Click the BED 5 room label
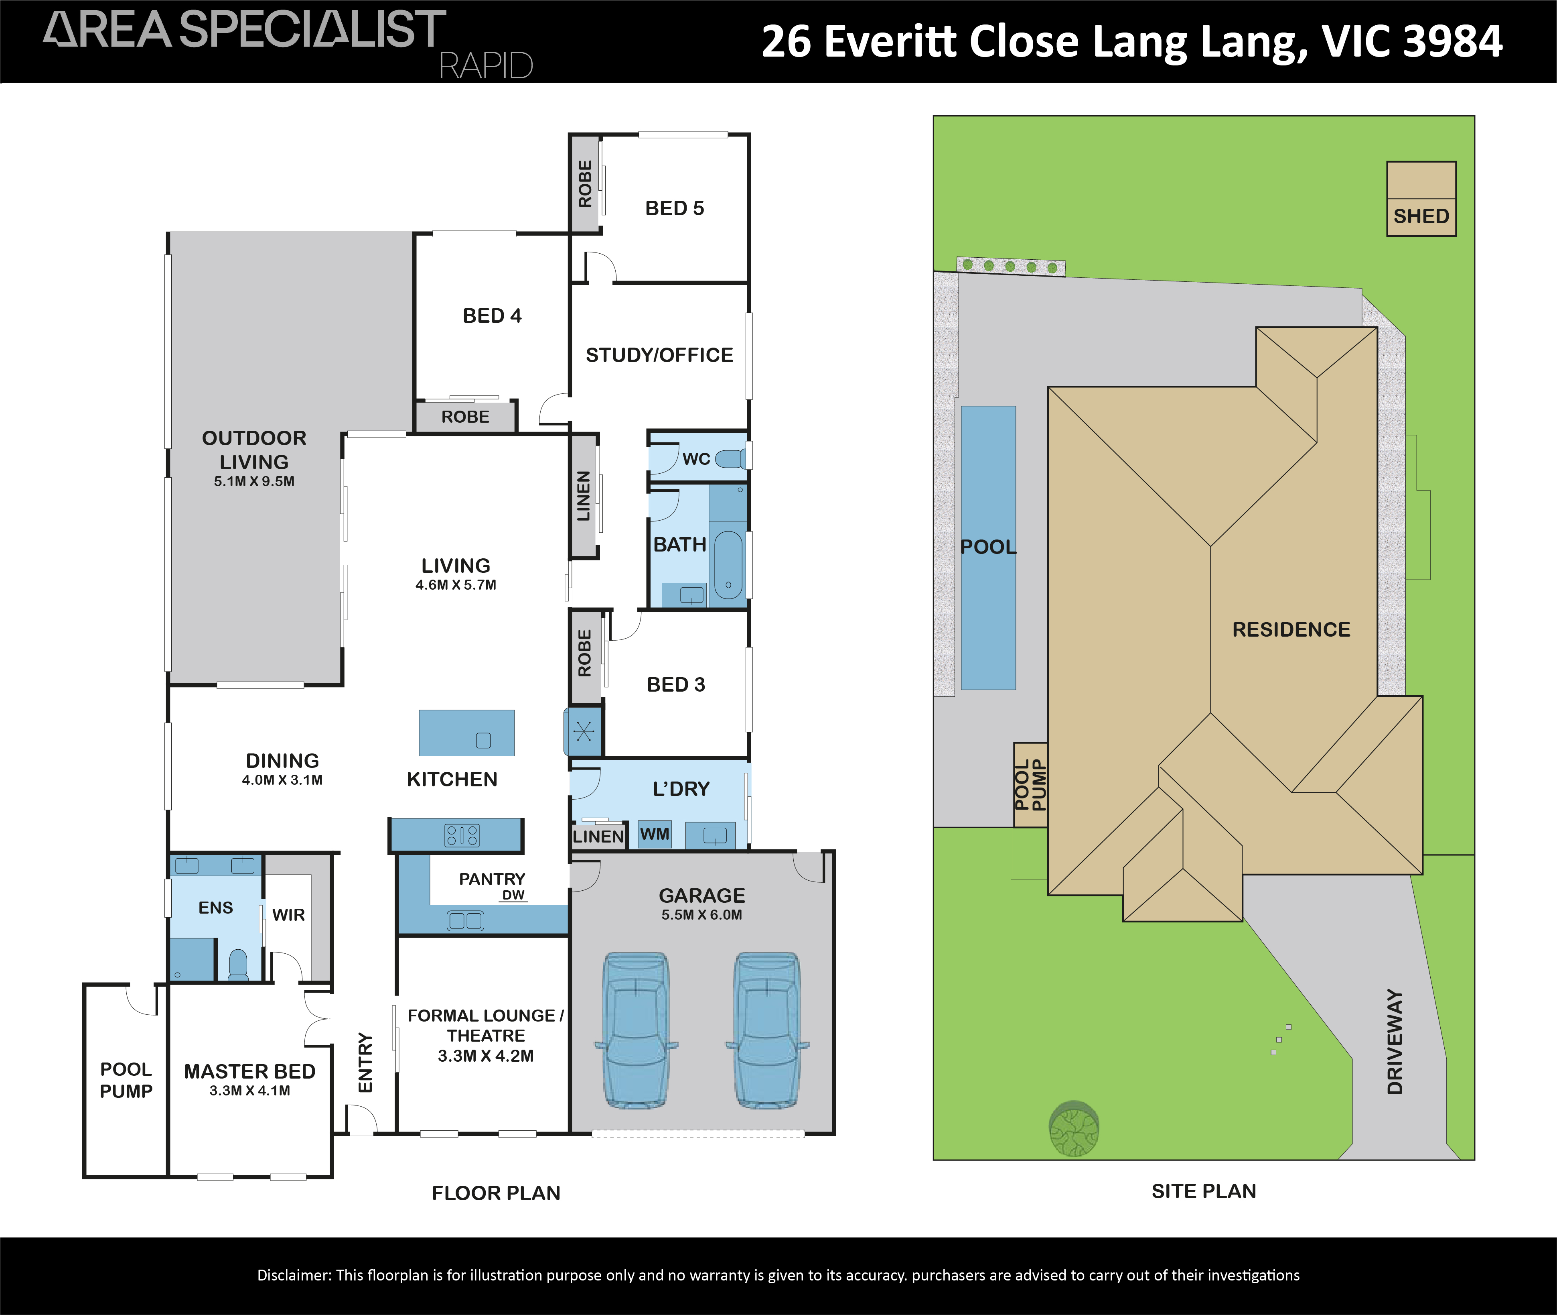click(674, 208)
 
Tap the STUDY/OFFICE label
click(659, 355)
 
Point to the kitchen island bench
click(466, 733)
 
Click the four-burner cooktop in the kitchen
click(462, 835)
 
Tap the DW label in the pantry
click(513, 895)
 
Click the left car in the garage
click(636, 1030)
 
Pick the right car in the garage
click(767, 1030)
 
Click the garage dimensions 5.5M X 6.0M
click(702, 915)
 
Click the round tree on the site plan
click(1074, 1129)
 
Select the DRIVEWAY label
click(1395, 1041)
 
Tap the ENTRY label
click(365, 1062)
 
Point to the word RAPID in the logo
click(486, 65)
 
